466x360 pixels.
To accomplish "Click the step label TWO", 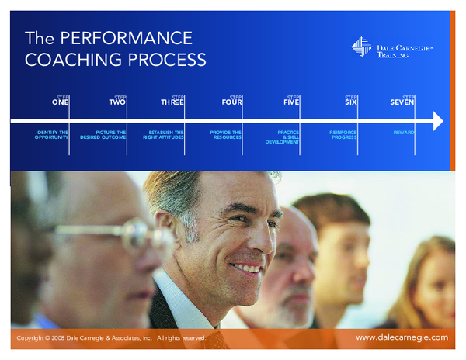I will (x=117, y=102).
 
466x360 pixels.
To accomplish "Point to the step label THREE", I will (x=172, y=102).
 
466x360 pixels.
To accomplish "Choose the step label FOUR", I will (x=231, y=102).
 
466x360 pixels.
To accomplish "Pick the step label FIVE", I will (x=291, y=102).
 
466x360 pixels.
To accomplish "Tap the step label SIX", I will (x=350, y=102).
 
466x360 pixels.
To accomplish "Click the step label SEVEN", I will (x=402, y=102).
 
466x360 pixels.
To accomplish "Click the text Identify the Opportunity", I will (x=52, y=135).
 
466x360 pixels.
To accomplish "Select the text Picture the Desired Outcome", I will (x=103, y=135).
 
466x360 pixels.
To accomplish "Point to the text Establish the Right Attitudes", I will (x=163, y=135).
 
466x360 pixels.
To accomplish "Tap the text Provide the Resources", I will (x=225, y=135).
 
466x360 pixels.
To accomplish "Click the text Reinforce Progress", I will (x=343, y=135).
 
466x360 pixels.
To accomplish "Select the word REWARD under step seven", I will (x=404, y=133).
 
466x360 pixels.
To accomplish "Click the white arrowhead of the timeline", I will (x=437, y=121).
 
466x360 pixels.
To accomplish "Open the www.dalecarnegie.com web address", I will (x=402, y=337).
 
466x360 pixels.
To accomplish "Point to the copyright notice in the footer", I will (x=110, y=339).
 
